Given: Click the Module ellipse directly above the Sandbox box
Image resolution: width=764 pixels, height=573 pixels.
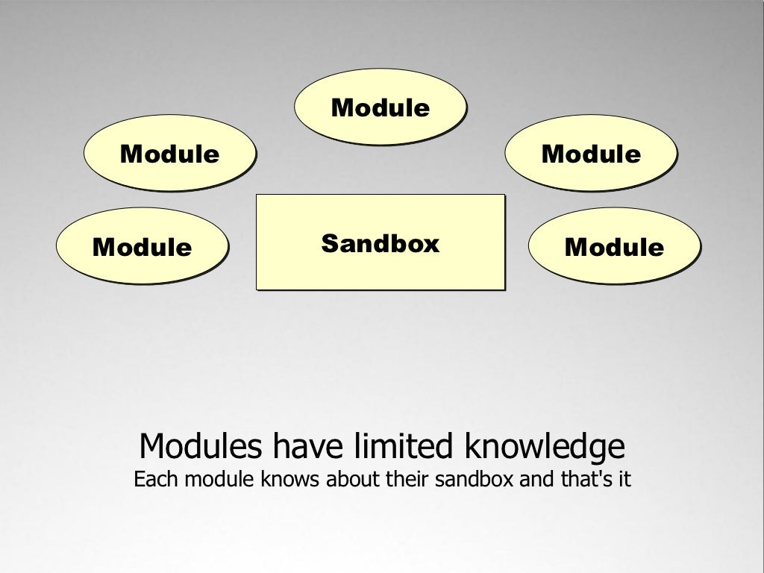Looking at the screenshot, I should click(380, 107).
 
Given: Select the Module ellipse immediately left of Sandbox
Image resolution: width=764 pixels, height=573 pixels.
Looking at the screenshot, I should click(142, 245).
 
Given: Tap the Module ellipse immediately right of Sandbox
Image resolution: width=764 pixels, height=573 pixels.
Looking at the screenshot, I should click(614, 245).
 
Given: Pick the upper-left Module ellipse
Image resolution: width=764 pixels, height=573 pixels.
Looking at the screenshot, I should click(169, 153).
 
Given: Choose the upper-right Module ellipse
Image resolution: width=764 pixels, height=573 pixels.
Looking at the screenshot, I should click(591, 153).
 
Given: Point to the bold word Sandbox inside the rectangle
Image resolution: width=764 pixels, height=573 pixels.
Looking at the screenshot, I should click(381, 243).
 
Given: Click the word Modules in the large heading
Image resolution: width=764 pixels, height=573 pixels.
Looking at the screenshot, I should click(201, 447).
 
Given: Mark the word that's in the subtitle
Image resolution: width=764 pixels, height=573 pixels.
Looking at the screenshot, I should click(585, 479).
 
